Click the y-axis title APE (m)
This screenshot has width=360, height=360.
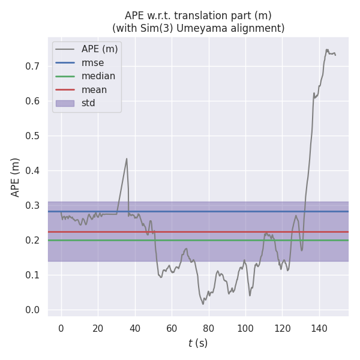tap(16, 177)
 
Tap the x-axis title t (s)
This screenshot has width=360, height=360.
tap(198, 343)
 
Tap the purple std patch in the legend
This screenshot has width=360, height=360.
tap(65, 103)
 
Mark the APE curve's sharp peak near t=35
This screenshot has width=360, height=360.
tap(127, 158)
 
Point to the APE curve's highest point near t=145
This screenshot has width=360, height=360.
tap(327, 49)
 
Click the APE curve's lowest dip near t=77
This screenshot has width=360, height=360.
tap(203, 304)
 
